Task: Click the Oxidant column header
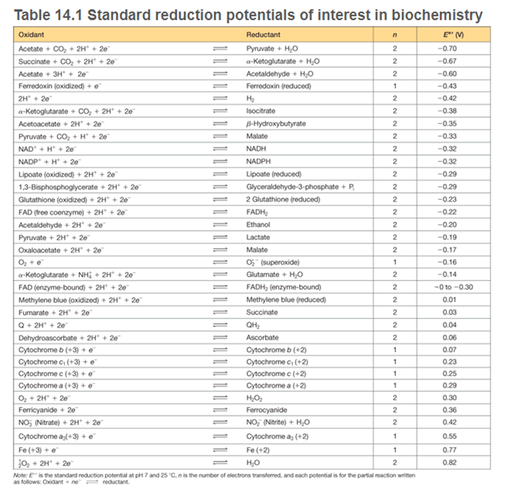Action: [32, 35]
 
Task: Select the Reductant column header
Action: [263, 35]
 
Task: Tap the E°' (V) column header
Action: [453, 35]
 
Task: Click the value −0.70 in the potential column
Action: [447, 49]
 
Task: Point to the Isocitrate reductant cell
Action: [261, 111]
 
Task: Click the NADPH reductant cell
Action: [258, 161]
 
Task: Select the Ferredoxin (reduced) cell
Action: [279, 86]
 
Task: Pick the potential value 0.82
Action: [450, 462]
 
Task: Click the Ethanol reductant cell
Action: [258, 225]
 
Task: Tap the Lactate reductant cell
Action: [258, 237]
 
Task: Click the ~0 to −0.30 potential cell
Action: [453, 287]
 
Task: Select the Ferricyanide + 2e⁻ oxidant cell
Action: [48, 410]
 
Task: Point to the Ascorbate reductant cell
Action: [262, 337]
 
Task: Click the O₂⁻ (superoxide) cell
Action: [273, 262]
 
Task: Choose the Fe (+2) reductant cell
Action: [258, 450]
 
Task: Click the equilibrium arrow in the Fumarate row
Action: [220, 312]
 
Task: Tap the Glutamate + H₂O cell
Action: [274, 275]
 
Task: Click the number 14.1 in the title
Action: [68, 15]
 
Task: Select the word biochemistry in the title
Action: [437, 15]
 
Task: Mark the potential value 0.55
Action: [450, 436]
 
